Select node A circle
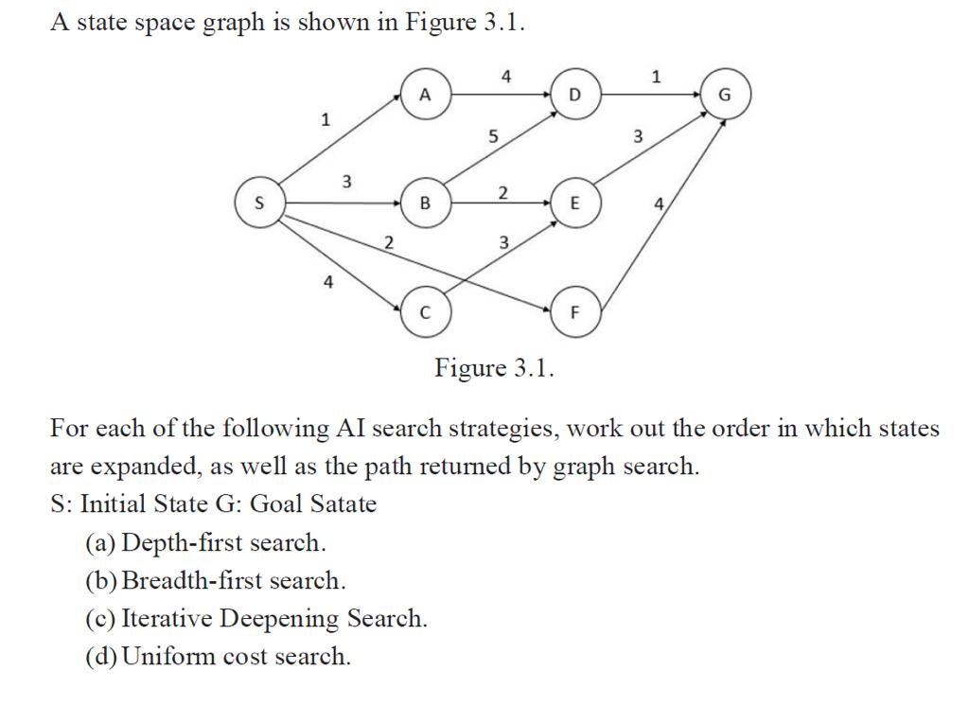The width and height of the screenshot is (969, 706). coord(425,95)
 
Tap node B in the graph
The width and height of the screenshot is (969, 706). coord(425,203)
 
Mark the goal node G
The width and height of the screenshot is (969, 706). coord(726,95)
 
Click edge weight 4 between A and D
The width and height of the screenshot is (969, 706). coord(506,77)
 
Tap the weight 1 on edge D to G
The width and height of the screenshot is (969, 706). coord(658,77)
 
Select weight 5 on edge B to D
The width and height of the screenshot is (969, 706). coord(491,136)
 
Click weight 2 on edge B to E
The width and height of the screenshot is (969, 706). coord(503,193)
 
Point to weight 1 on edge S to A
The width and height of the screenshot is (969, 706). coord(325,119)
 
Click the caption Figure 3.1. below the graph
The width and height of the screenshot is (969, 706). coord(494,368)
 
